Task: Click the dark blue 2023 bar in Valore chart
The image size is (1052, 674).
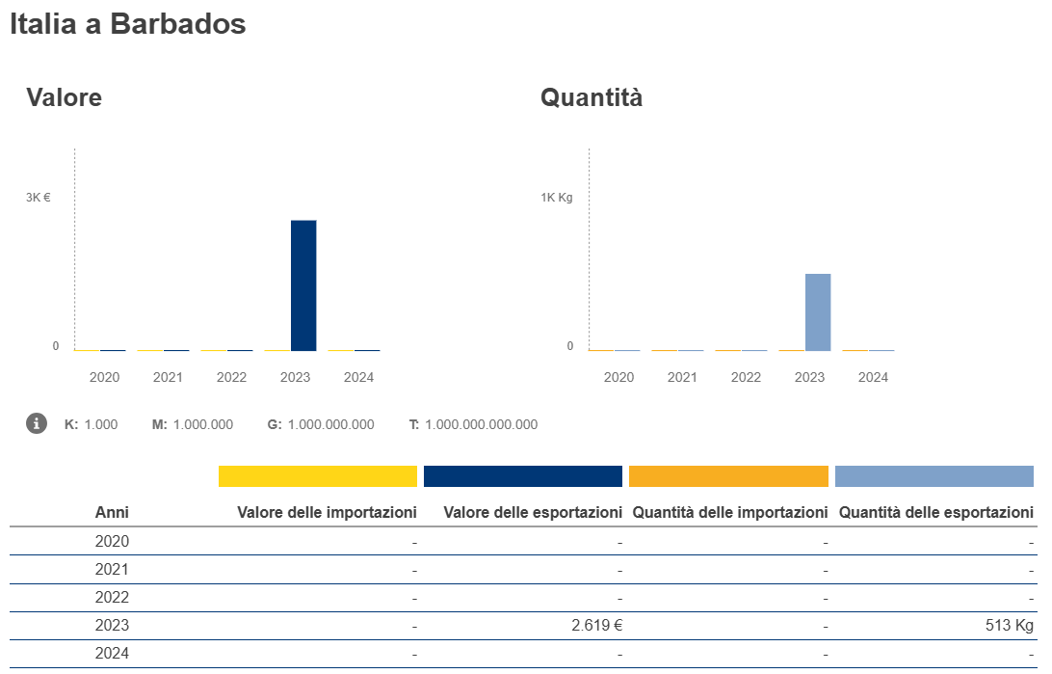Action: tap(303, 285)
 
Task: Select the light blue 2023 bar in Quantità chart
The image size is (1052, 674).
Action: tap(818, 312)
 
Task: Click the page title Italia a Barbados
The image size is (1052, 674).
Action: tap(128, 25)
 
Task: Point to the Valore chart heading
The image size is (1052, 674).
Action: tap(64, 97)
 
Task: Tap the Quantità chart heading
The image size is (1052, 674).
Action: tap(591, 97)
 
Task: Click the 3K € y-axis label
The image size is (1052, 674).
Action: tap(39, 198)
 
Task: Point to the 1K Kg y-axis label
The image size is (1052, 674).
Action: tap(556, 198)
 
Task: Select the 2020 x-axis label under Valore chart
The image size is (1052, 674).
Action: tap(104, 377)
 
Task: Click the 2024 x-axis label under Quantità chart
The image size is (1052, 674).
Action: tap(873, 377)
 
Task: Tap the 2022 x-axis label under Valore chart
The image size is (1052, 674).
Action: tap(231, 377)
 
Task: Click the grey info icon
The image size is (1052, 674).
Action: tap(37, 423)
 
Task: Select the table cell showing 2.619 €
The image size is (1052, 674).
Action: tap(597, 625)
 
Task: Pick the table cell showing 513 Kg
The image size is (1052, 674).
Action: tap(1009, 625)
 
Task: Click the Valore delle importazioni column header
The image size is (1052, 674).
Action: tap(327, 512)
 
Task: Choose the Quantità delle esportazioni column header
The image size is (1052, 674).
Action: tap(935, 512)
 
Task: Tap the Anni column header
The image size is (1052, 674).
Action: tap(112, 512)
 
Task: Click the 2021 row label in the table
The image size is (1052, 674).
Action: tap(112, 569)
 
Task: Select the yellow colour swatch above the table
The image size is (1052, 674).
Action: tap(318, 476)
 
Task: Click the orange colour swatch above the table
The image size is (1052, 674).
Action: tap(728, 476)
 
